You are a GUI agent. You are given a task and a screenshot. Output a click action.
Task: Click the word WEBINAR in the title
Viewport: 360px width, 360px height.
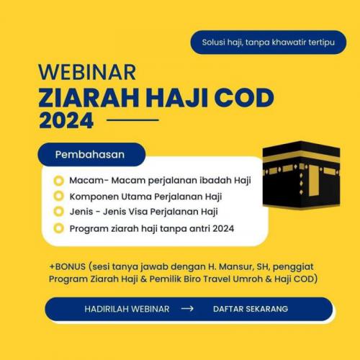[87, 72]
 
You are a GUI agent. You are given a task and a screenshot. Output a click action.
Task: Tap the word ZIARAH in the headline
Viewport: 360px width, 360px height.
[89, 98]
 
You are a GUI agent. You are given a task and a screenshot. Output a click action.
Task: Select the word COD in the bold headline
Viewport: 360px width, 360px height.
[244, 98]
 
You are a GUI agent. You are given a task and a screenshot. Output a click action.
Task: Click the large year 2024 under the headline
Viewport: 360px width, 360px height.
[66, 120]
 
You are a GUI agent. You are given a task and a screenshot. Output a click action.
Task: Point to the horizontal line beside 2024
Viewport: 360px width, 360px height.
[132, 120]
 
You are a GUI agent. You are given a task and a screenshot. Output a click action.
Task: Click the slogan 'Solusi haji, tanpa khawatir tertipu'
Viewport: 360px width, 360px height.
[269, 42]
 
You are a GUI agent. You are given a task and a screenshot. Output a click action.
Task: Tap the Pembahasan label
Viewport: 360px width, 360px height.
[90, 155]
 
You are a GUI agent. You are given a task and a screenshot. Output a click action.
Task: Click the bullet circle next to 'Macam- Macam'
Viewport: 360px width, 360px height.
[59, 181]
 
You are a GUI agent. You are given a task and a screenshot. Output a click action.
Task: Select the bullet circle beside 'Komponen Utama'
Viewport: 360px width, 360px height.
[59, 196]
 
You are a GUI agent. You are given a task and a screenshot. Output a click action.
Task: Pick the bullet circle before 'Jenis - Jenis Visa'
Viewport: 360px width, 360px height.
[59, 212]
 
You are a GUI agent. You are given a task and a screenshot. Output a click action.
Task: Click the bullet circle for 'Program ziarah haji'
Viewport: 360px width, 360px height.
[59, 228]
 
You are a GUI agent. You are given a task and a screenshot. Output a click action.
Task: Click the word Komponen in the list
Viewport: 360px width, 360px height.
[94, 197]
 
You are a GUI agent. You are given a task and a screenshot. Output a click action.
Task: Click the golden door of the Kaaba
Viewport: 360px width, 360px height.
[314, 180]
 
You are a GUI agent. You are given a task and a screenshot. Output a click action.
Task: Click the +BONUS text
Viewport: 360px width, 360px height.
[68, 266]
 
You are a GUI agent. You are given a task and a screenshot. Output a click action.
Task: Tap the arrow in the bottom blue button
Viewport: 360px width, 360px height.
[187, 309]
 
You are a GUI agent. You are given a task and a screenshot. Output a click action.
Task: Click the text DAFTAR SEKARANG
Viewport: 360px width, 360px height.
[251, 309]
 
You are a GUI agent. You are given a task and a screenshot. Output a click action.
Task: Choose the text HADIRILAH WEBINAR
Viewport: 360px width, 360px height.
[127, 309]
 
